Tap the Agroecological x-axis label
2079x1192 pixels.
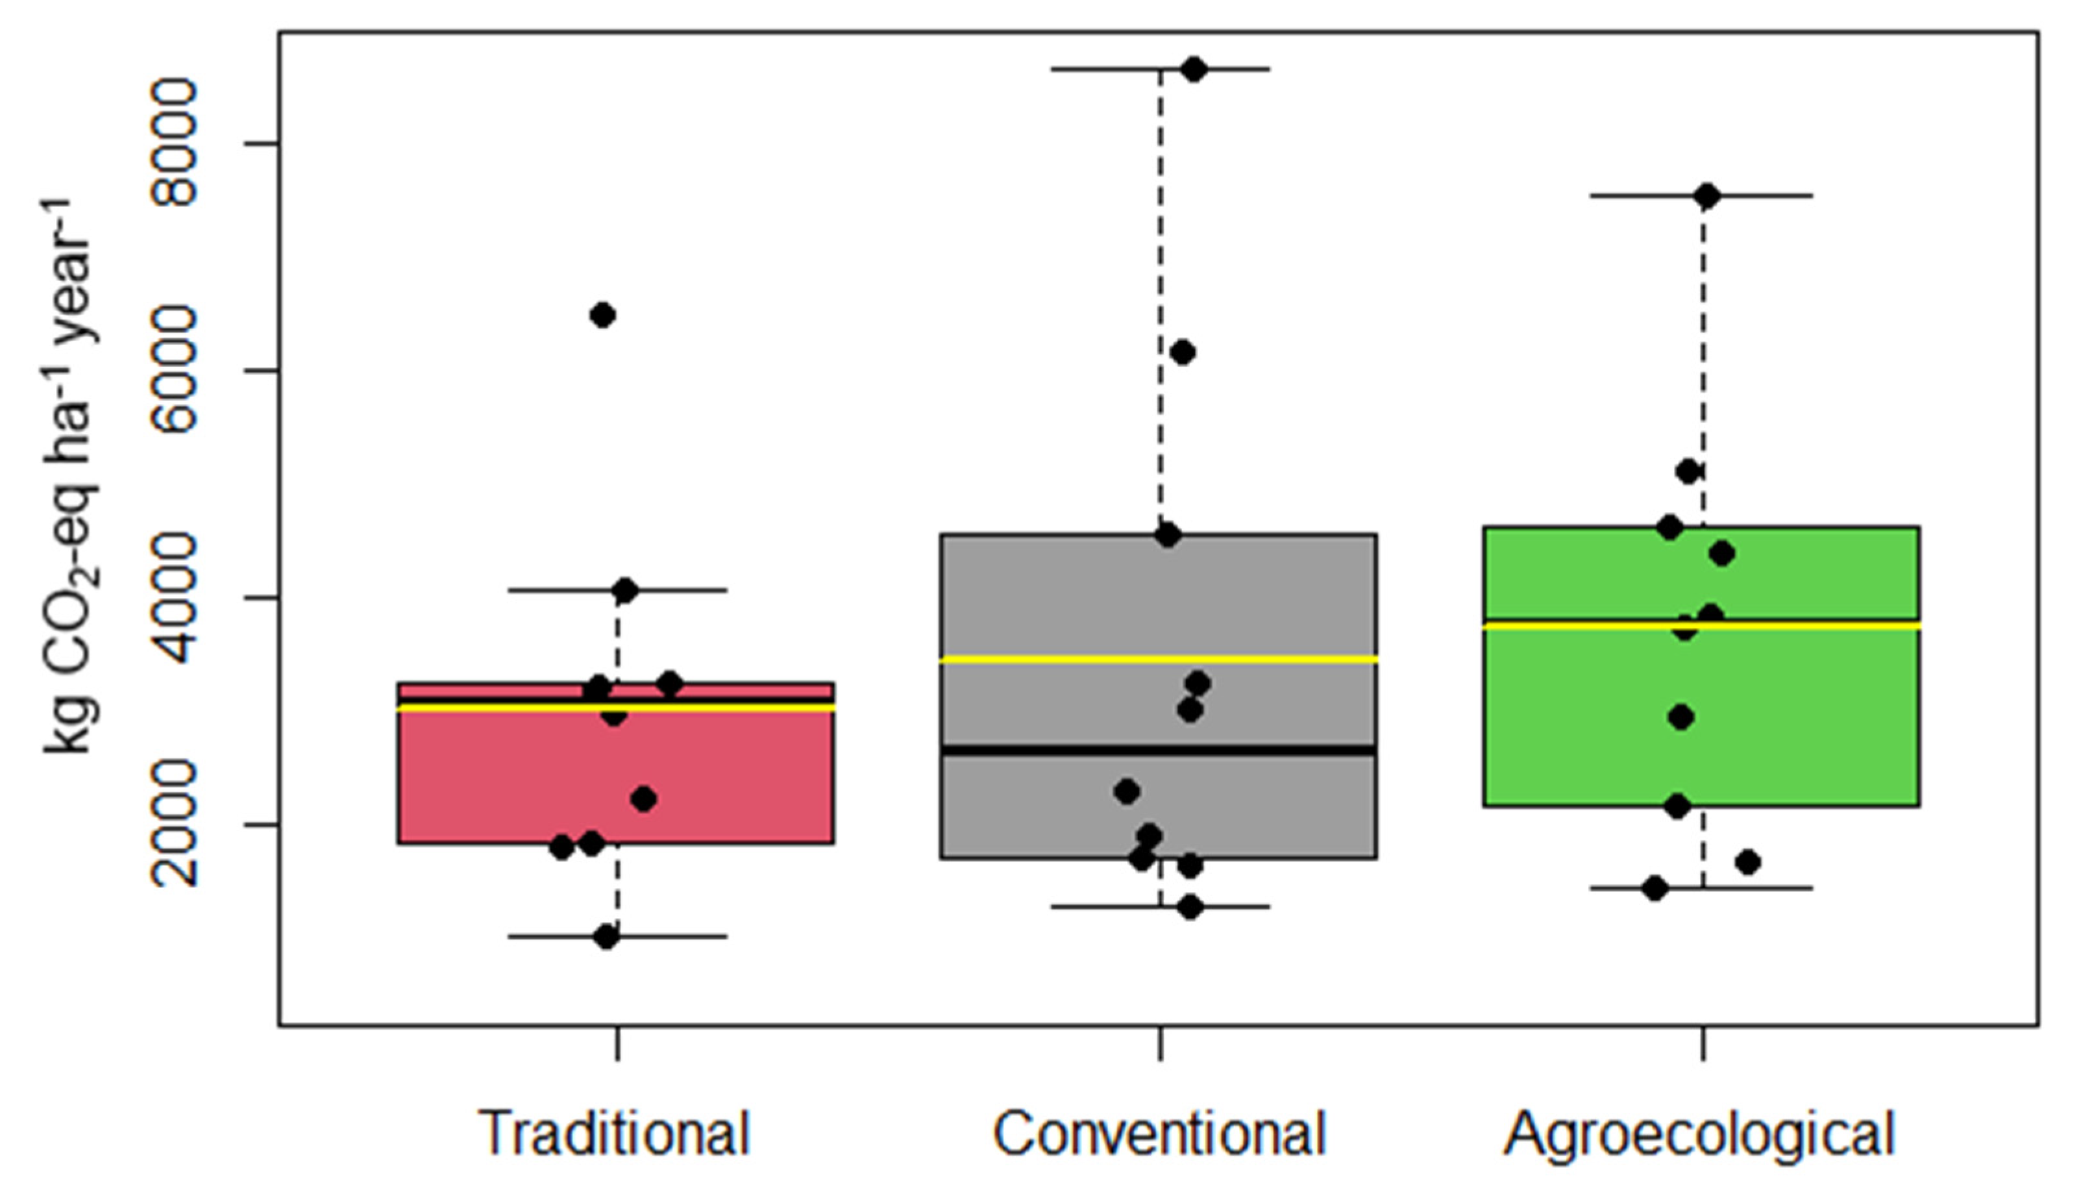pos(1701,1134)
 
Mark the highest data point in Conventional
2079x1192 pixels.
pos(1194,69)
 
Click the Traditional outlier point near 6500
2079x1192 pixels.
pos(602,315)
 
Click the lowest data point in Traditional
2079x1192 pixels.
pos(606,937)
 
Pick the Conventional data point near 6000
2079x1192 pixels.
pos(1183,353)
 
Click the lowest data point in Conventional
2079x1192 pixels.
pos(1190,907)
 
